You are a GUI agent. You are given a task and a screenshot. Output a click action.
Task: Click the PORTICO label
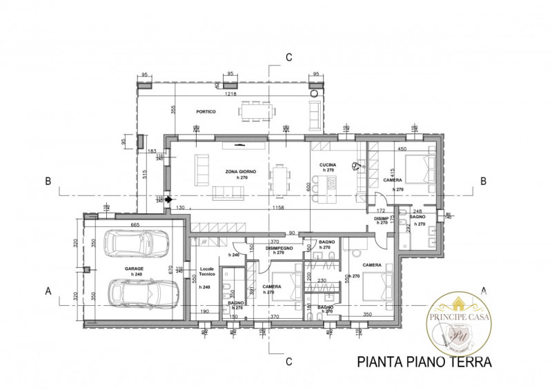point(206,112)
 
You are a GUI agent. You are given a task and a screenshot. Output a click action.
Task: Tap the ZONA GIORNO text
point(241,170)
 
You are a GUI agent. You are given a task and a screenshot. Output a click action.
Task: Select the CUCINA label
point(327,166)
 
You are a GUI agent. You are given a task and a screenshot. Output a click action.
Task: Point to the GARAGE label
point(134,269)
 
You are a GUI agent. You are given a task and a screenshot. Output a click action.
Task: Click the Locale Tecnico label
point(208,272)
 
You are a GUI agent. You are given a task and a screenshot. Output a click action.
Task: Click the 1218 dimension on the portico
point(230,94)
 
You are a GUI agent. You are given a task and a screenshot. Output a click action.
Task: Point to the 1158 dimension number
point(279,208)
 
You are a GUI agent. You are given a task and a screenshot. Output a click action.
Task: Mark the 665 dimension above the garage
point(135,225)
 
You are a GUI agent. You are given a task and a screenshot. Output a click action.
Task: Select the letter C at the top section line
point(289,57)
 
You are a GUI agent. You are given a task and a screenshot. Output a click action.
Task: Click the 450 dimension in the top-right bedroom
point(401,148)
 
